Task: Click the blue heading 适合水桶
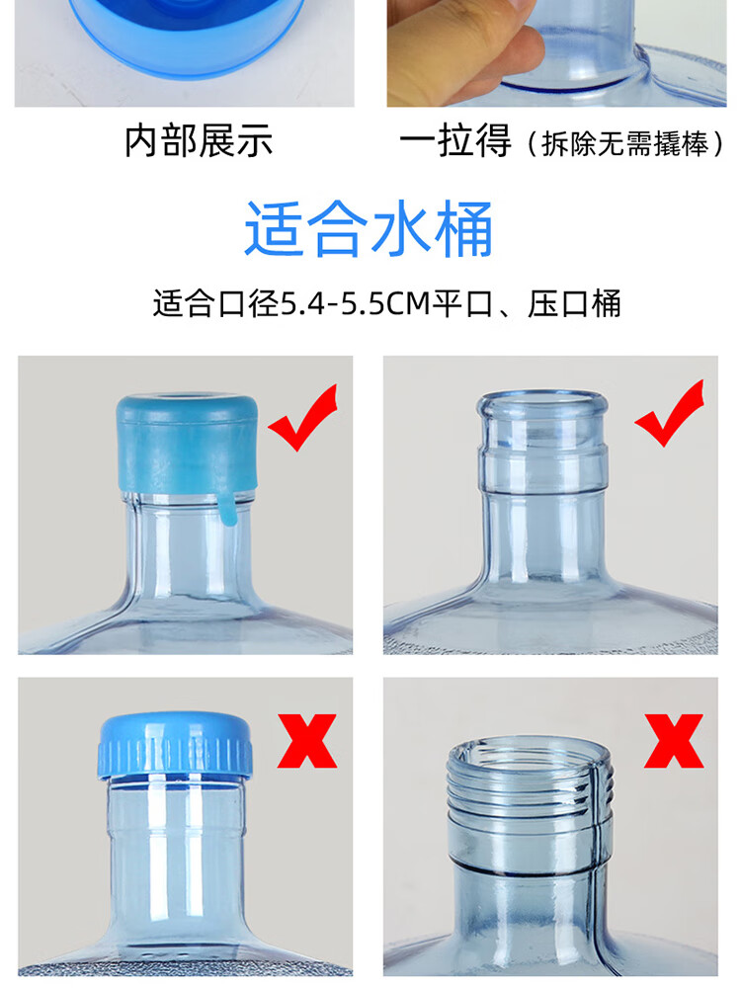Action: pos(369,229)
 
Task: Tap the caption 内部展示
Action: pos(199,140)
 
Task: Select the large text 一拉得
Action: pos(454,140)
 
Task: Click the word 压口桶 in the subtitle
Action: pos(574,303)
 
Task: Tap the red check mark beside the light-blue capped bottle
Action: pos(304,417)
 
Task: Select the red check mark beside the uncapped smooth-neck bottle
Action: pos(670,413)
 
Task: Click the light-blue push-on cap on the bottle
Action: pos(187,445)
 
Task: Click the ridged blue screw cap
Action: pos(175,745)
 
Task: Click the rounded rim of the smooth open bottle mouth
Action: pos(542,403)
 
